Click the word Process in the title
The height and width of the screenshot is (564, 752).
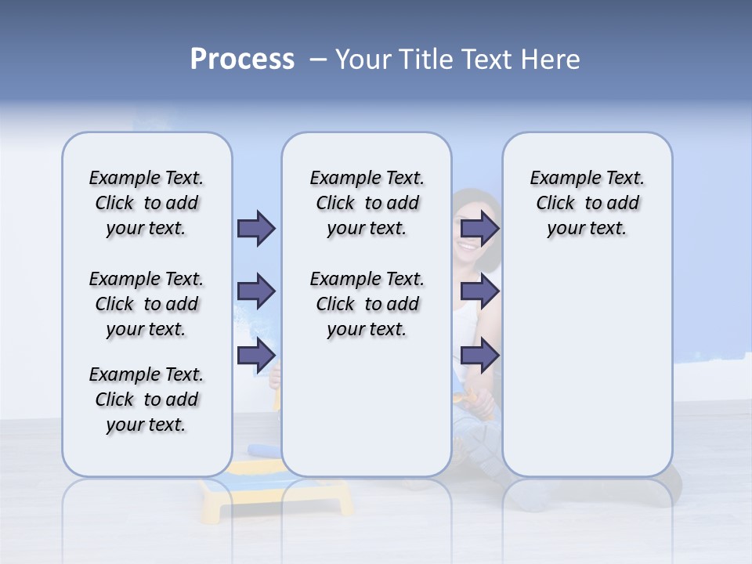point(242,60)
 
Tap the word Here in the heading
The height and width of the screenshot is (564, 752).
point(550,60)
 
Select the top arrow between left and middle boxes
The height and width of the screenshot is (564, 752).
point(256,228)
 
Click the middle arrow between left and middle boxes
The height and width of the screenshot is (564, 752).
point(256,291)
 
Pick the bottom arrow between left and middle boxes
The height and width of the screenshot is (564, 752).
point(256,356)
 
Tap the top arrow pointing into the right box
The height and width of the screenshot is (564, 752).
point(479,228)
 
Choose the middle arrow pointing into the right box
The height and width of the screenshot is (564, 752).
point(479,291)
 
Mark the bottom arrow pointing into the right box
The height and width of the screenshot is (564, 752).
point(479,356)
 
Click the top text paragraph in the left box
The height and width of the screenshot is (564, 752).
point(146,203)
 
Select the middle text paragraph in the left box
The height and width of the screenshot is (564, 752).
point(146,304)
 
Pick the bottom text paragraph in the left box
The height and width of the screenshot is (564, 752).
point(146,399)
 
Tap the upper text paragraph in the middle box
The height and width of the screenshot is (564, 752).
point(367,203)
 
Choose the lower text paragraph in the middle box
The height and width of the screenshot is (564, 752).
point(367,304)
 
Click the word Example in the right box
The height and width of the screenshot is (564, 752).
point(558,179)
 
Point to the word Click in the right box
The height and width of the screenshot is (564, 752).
point(555,204)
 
